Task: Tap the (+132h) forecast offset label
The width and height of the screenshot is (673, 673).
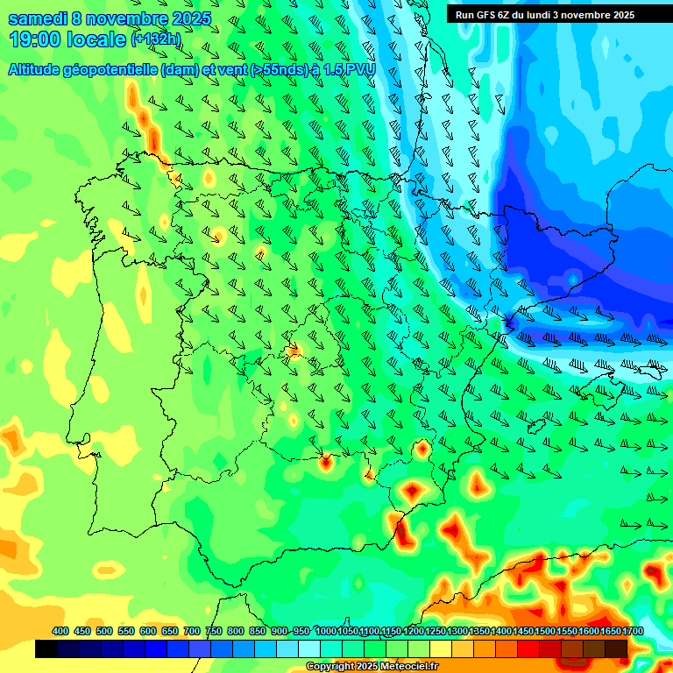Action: click(x=155, y=39)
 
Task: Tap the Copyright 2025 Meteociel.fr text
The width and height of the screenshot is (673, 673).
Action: click(x=372, y=666)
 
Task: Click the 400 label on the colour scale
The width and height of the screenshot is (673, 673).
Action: click(x=60, y=631)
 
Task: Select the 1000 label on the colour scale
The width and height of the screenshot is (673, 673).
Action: click(x=326, y=631)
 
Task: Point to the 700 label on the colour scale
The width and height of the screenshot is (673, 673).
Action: click(x=192, y=631)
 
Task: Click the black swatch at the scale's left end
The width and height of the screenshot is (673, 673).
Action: click(x=46, y=648)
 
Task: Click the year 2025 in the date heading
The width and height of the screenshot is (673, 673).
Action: click(x=191, y=18)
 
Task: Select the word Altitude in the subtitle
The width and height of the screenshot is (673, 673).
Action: click(x=39, y=69)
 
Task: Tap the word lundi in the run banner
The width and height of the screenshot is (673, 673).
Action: click(x=542, y=14)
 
